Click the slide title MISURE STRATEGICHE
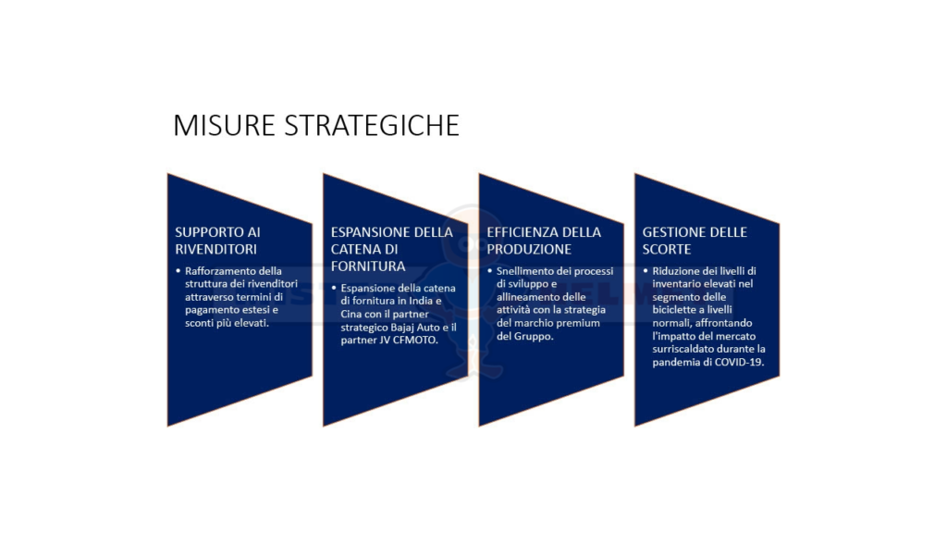coord(316,125)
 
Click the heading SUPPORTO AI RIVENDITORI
coord(217,241)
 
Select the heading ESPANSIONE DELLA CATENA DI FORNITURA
coord(391,249)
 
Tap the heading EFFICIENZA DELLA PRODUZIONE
coord(544,241)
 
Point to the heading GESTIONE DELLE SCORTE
coord(695,241)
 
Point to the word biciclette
coord(674,310)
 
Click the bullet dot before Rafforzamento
coord(178,271)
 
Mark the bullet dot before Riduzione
coord(646,271)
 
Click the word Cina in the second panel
coord(351,315)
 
